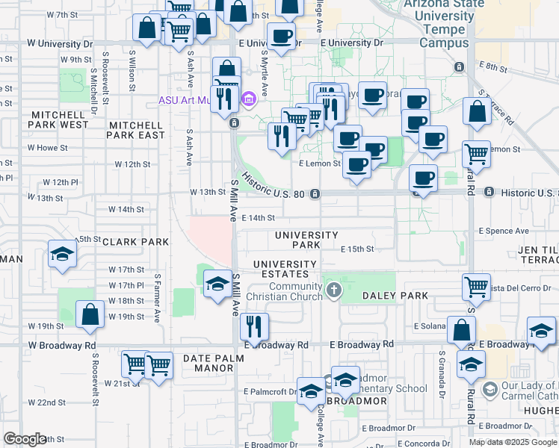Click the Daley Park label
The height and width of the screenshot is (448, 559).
click(x=395, y=296)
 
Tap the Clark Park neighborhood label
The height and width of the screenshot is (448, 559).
click(x=135, y=242)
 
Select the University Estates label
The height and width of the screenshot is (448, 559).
click(x=285, y=270)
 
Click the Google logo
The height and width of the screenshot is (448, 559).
click(x=25, y=440)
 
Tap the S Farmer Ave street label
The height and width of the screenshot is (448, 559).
click(x=158, y=298)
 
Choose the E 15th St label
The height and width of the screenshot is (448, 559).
click(x=356, y=249)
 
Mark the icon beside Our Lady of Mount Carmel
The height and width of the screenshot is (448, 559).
click(x=489, y=389)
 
